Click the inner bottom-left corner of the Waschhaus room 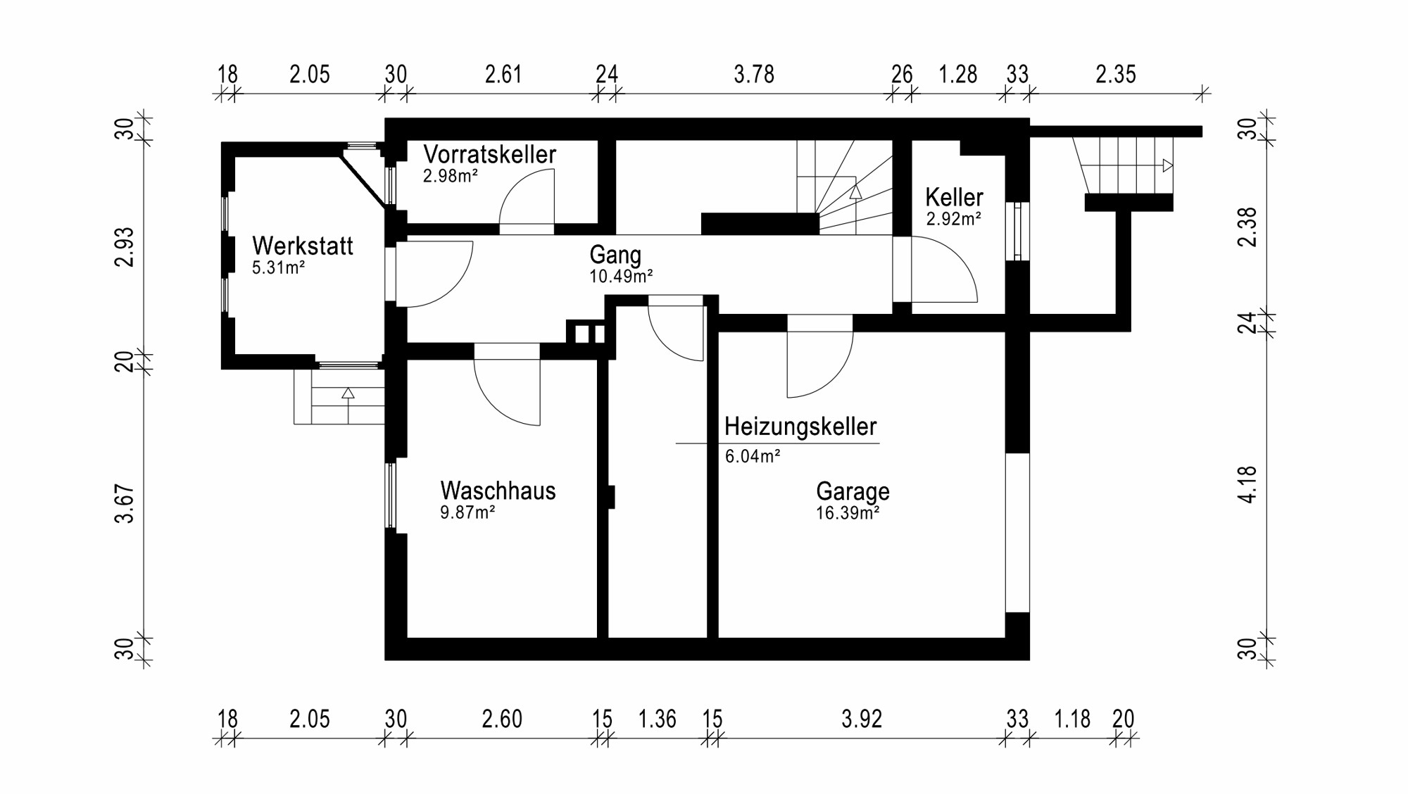[x=408, y=638]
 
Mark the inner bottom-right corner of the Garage [x=1005, y=638]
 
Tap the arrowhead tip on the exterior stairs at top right [x=1172, y=166]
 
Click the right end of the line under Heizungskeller [x=879, y=443]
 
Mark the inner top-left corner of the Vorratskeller [x=408, y=141]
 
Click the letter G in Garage [x=824, y=491]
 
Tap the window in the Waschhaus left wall [x=390, y=495]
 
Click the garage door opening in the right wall [x=1017, y=533]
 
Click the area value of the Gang [x=621, y=276]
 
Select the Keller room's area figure [x=954, y=219]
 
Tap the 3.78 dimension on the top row [x=754, y=74]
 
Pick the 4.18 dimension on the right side [x=1247, y=484]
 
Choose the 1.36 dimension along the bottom [x=657, y=719]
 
